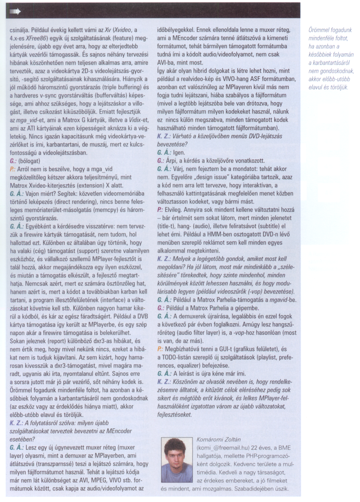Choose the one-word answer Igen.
[174, 152]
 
